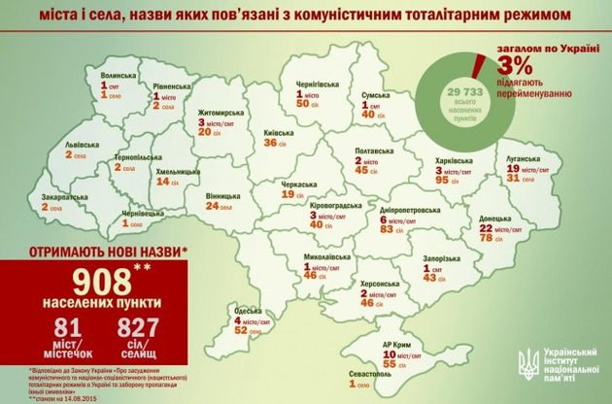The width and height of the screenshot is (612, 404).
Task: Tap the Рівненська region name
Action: [x=172, y=84]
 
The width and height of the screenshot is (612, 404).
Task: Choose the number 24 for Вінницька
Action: [x=213, y=206]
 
